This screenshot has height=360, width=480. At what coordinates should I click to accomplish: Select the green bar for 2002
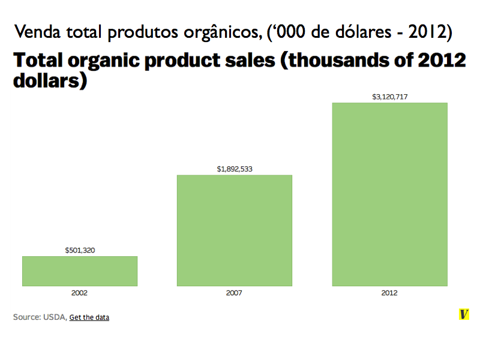(80, 271)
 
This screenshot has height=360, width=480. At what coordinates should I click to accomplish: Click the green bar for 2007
(234, 230)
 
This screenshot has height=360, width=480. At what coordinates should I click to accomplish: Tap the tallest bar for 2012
(389, 194)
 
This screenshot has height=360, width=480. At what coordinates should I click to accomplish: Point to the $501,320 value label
(80, 250)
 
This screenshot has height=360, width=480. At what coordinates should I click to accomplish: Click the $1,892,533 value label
(235, 169)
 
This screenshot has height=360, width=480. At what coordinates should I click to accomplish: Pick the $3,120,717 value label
(389, 96)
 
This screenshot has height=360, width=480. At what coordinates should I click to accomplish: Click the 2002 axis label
(80, 293)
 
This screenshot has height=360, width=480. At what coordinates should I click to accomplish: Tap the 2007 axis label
(235, 293)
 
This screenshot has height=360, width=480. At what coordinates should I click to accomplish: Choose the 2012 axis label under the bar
(389, 293)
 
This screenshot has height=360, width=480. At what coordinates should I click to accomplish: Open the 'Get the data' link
(89, 317)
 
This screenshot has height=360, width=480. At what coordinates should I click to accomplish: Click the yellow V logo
(463, 314)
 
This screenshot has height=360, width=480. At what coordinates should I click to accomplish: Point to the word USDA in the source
(55, 317)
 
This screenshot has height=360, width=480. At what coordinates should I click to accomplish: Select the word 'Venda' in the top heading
(38, 31)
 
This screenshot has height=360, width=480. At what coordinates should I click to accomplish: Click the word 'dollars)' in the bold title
(51, 80)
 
